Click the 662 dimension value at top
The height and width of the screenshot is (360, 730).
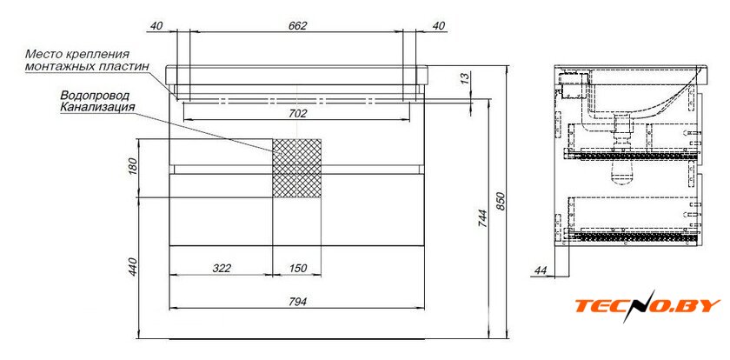click(297, 26)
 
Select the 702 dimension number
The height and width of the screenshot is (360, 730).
click(298, 114)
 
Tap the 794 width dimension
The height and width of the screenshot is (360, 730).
click(297, 302)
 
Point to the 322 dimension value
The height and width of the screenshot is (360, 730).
click(222, 268)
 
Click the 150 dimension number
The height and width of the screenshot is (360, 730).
click(297, 268)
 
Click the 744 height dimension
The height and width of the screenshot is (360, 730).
click(482, 219)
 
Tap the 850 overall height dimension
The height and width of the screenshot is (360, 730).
click(501, 201)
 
